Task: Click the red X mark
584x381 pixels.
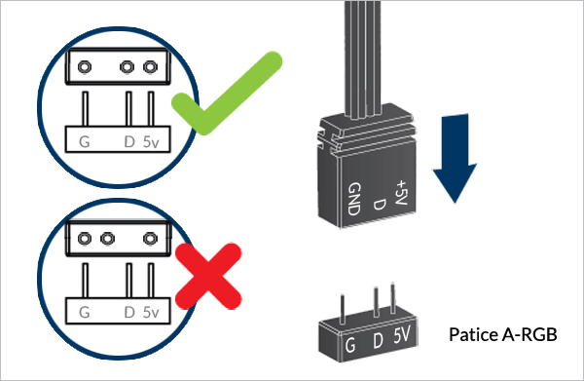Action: tap(208, 276)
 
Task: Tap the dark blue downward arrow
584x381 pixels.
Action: tap(455, 159)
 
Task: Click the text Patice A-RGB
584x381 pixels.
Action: tap(503, 334)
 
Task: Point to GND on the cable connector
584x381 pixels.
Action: tap(354, 199)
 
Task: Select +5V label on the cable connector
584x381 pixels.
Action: tap(402, 192)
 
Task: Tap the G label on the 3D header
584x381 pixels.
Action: tap(349, 345)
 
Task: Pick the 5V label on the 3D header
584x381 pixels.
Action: tap(402, 334)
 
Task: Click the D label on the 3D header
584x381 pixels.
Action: tap(378, 340)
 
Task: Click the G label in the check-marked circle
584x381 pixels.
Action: tap(85, 141)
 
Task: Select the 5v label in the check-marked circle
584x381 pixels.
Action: tap(151, 141)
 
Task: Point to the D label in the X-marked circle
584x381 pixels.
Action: tap(129, 313)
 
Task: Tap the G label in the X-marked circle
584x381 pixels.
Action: tap(85, 313)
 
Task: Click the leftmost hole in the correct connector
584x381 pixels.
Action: tap(85, 67)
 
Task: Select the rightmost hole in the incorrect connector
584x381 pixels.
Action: tap(150, 238)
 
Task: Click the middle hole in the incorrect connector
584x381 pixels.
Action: tap(107, 238)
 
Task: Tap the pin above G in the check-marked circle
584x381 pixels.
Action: tap(86, 108)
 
